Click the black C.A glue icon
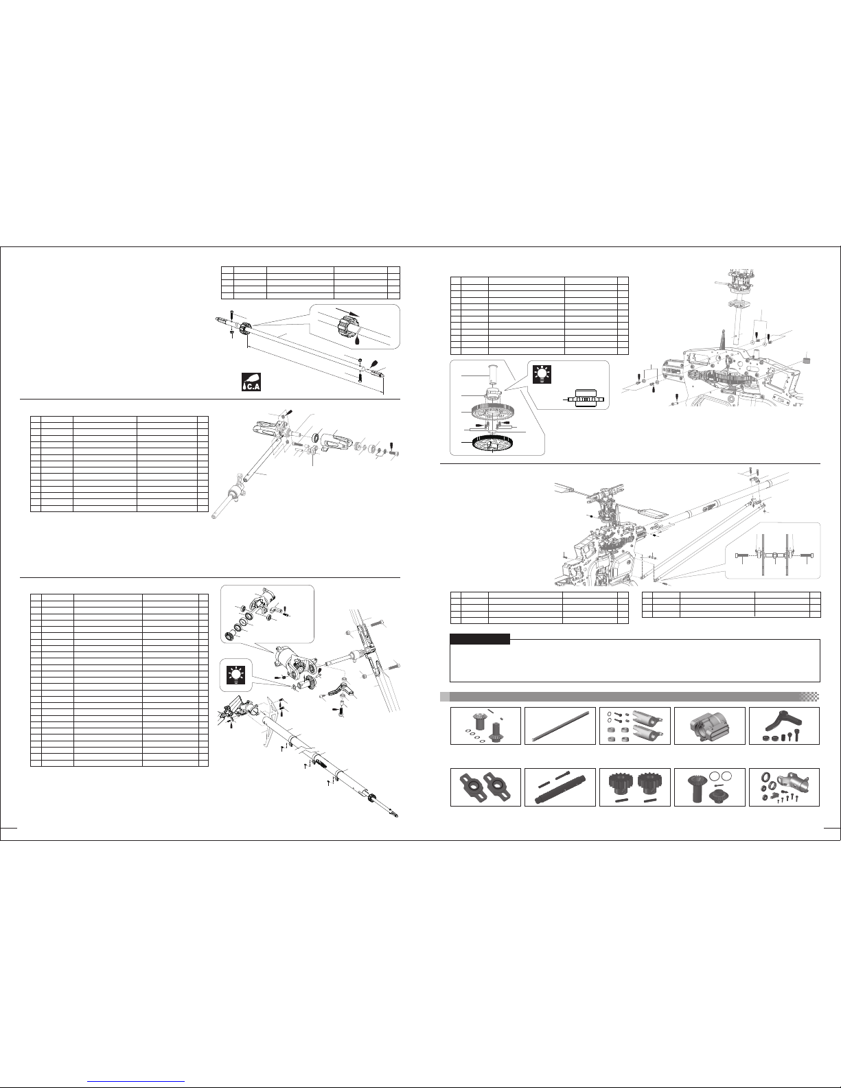251,382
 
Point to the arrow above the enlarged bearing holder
347,311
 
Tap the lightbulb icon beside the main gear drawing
541,373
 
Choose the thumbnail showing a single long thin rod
560,726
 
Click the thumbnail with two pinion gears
635,787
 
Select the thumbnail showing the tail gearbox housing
710,726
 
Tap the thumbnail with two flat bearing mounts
485,787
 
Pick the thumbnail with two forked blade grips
635,726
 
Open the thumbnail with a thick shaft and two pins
560,787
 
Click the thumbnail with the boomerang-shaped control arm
785,726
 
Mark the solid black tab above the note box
480,639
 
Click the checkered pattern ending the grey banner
811,697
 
